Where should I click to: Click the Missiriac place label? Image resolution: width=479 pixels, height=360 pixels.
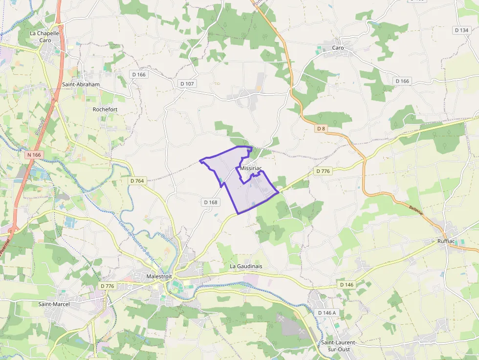pyautogui.click(x=251, y=168)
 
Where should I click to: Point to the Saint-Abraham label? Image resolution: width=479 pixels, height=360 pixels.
pyautogui.click(x=81, y=85)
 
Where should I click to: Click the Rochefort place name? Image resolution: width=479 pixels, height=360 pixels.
pyautogui.click(x=105, y=109)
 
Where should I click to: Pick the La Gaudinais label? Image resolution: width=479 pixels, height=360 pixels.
pyautogui.click(x=246, y=266)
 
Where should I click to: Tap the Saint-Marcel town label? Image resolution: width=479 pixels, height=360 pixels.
pyautogui.click(x=54, y=304)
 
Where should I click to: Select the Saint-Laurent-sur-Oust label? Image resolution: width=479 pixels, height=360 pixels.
pyautogui.click(x=338, y=345)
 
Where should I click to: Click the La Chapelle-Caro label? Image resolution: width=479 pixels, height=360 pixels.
pyautogui.click(x=44, y=37)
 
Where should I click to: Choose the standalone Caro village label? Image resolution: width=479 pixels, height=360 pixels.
pyautogui.click(x=338, y=48)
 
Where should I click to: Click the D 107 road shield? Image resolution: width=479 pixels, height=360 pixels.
pyautogui.click(x=187, y=84)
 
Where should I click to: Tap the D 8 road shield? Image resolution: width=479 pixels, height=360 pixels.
pyautogui.click(x=321, y=128)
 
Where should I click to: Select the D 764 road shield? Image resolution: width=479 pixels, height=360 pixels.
pyautogui.click(x=138, y=181)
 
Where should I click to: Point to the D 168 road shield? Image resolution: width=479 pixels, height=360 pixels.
pyautogui.click(x=210, y=202)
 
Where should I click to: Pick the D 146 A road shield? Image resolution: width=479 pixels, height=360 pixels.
pyautogui.click(x=327, y=313)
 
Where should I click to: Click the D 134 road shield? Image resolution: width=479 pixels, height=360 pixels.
pyautogui.click(x=461, y=30)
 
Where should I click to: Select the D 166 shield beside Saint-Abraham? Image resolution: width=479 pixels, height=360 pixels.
pyautogui.click(x=139, y=74)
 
